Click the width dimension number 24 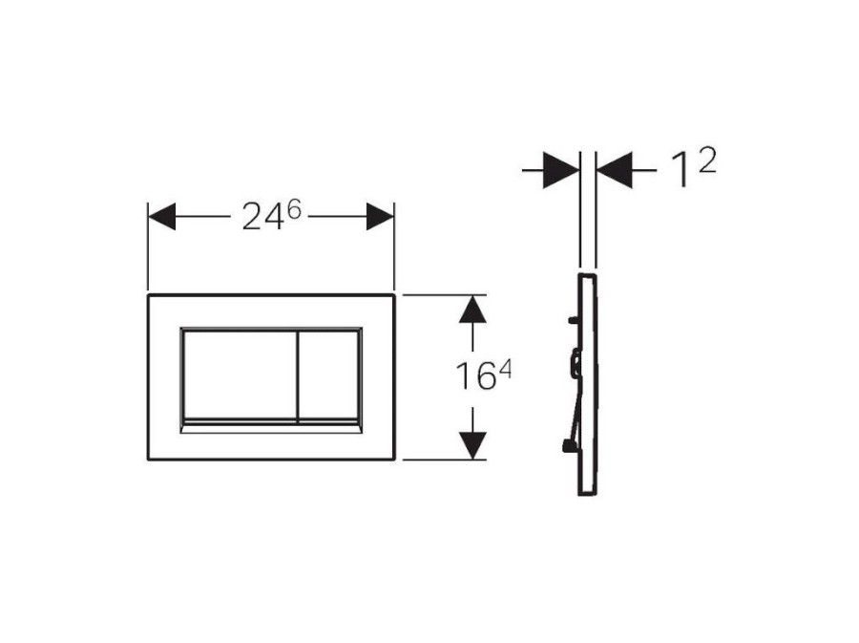pyautogui.click(x=262, y=216)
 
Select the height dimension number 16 pyautogui.click(x=475, y=376)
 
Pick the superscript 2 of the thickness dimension pyautogui.click(x=705, y=161)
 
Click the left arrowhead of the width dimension pyautogui.click(x=162, y=217)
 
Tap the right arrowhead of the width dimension pyautogui.click(x=380, y=217)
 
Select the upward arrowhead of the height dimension pyautogui.click(x=472, y=310)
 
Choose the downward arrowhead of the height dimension pyautogui.click(x=472, y=445)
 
